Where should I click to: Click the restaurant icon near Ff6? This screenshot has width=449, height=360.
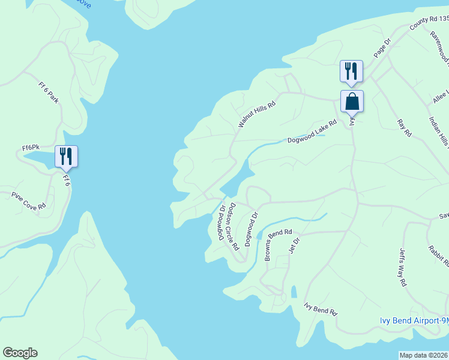click(x=66, y=157)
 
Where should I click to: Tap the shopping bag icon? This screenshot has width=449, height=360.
click(x=352, y=101)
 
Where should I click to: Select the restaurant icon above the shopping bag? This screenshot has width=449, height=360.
click(x=351, y=71)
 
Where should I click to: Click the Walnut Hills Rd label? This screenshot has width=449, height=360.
click(x=256, y=114)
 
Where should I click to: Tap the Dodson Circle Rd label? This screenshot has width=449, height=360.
click(x=234, y=226)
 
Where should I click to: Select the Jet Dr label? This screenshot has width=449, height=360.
click(x=295, y=245)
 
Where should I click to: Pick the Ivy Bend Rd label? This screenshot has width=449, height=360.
click(x=321, y=310)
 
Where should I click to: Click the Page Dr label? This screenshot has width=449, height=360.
click(x=382, y=49)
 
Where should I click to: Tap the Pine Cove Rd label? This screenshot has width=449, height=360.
click(x=29, y=200)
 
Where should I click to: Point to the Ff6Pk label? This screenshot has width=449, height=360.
click(x=31, y=147)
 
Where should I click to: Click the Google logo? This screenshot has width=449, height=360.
click(x=20, y=353)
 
